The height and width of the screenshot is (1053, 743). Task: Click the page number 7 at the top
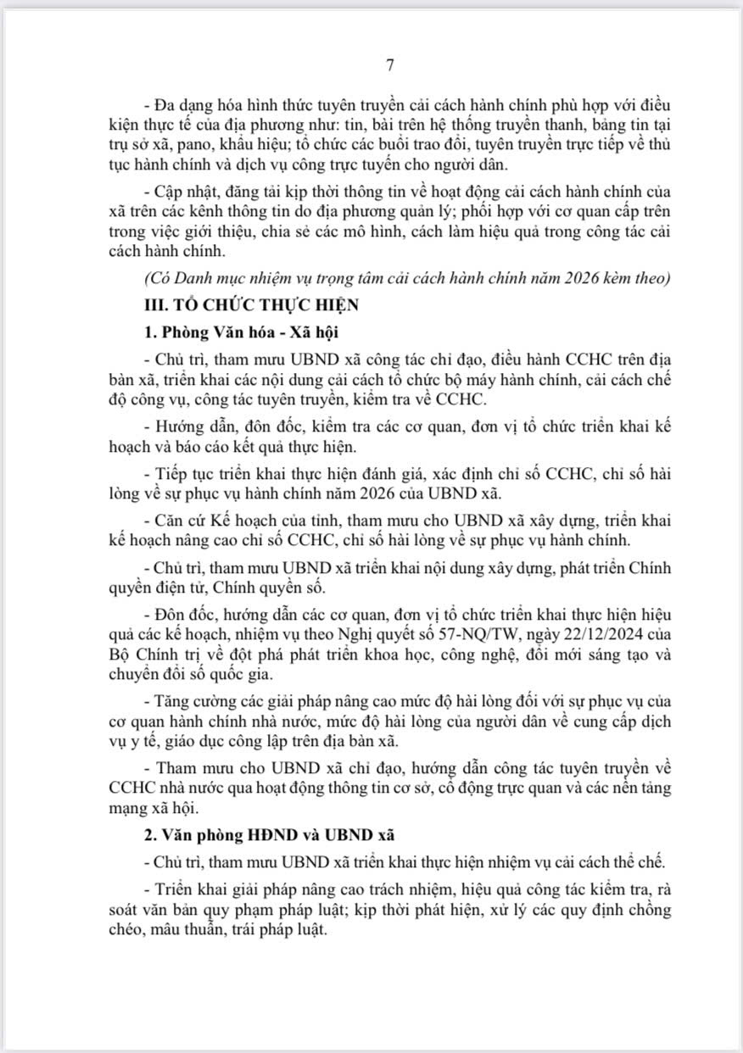pos(389,64)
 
